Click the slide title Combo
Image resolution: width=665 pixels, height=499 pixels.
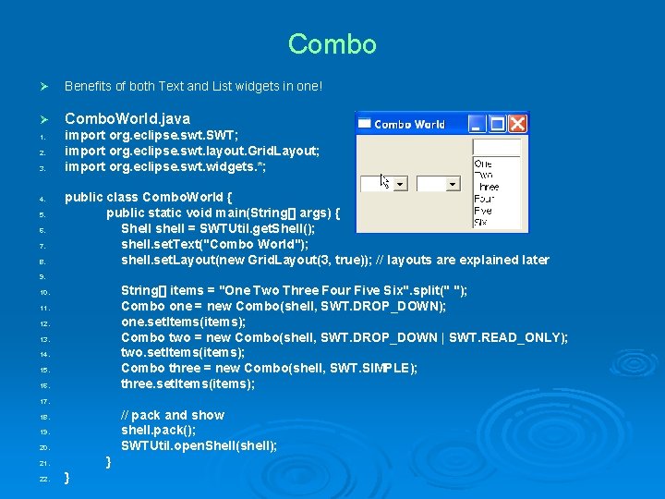332,44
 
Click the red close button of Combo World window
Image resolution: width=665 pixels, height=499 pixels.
517,124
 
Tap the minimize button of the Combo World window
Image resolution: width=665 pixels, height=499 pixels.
478,124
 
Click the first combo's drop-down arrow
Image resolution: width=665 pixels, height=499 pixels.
400,184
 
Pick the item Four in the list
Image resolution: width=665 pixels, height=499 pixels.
483,198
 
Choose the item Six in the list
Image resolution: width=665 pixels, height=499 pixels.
480,222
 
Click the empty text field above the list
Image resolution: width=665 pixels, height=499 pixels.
496,147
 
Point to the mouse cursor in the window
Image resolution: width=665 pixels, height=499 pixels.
384,180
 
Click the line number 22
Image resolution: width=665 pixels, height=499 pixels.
43,479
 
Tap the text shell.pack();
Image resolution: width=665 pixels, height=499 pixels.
158,431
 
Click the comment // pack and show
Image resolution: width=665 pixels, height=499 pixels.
172,415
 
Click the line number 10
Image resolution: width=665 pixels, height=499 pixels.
43,292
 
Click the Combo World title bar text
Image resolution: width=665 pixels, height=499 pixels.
409,124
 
